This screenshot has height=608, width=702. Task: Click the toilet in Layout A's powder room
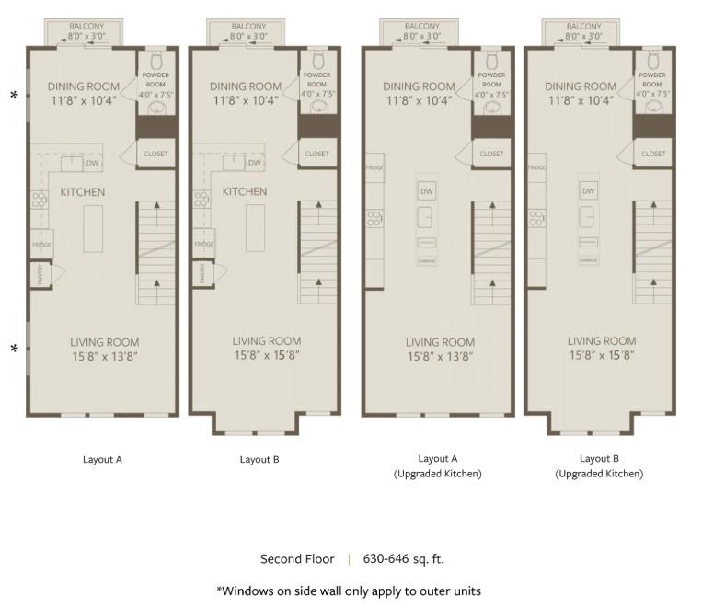pyautogui.click(x=155, y=60)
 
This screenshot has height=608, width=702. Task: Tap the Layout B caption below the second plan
pyautogui.click(x=259, y=460)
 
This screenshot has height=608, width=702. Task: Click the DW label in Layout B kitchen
pyautogui.click(x=255, y=163)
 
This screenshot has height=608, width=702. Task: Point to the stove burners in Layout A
pyautogui.click(x=40, y=199)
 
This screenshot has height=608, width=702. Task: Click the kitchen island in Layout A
pyautogui.click(x=94, y=228)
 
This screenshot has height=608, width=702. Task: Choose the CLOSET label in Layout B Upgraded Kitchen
pyautogui.click(x=653, y=154)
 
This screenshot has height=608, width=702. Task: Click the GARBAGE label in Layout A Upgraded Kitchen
pyautogui.click(x=426, y=261)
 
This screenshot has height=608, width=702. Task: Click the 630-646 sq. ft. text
pyautogui.click(x=403, y=558)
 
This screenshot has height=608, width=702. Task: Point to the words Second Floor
pyautogui.click(x=297, y=558)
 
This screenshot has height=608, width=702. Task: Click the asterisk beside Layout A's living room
pyautogui.click(x=14, y=350)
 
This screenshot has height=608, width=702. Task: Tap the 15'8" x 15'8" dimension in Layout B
pyautogui.click(x=267, y=355)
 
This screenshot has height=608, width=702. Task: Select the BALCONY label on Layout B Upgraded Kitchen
pyautogui.click(x=585, y=27)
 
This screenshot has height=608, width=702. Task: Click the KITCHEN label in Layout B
pyautogui.click(x=245, y=192)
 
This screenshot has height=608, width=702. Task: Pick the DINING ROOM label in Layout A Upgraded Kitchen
pyautogui.click(x=419, y=86)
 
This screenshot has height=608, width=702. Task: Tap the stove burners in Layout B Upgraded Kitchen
pyautogui.click(x=535, y=218)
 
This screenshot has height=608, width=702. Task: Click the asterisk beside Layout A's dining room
pyautogui.click(x=14, y=96)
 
